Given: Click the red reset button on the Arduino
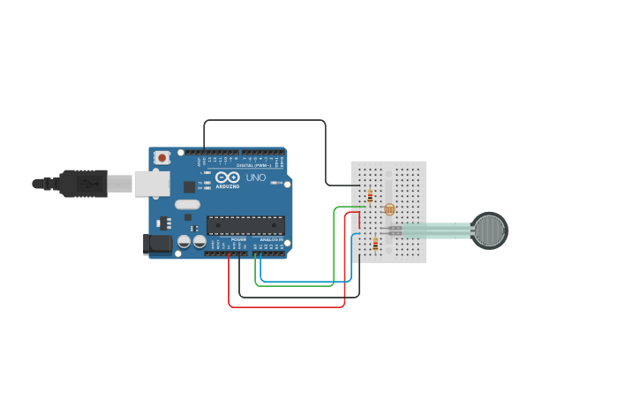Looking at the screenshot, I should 162,157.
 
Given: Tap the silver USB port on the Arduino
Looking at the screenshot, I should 152,184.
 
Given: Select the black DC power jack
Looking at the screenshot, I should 158,244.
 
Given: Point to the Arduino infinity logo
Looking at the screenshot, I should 227,177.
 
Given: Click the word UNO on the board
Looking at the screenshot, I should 255,177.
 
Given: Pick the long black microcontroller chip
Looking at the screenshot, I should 245,225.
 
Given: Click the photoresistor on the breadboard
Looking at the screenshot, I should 389,209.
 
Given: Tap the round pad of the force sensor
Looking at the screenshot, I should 488,230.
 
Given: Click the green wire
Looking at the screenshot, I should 295,285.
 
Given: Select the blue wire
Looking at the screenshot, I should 305,281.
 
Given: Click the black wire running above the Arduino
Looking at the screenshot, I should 265,120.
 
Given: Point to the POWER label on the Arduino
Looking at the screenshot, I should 238,239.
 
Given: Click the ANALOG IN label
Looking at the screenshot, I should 271,239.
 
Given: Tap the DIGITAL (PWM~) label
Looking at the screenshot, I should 259,165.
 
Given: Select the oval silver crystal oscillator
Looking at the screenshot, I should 187,204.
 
